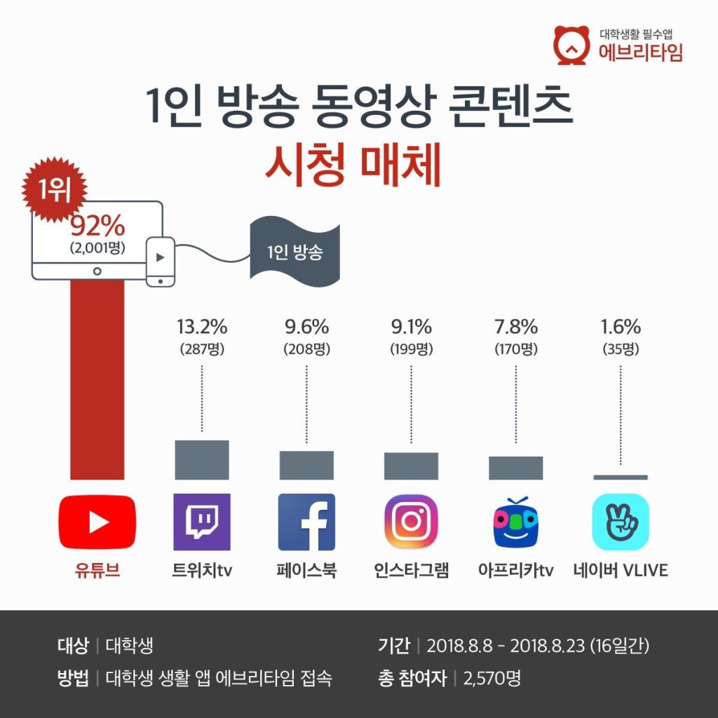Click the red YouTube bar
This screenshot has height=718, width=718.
point(97,379)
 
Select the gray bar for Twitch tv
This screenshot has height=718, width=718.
point(202,460)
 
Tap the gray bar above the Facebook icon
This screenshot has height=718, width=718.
point(306,466)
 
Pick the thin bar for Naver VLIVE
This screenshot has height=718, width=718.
point(621,477)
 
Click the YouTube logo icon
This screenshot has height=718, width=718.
point(97,522)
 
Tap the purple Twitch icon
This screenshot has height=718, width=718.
point(202,522)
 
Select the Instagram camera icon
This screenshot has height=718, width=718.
point(411,522)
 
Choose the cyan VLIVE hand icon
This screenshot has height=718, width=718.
point(621,522)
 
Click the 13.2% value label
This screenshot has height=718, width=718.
point(202,327)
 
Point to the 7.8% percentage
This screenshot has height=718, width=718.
point(515,327)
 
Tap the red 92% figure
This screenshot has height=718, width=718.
point(97,226)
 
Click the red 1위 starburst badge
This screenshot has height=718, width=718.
point(55,189)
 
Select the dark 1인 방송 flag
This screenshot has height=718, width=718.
point(295,252)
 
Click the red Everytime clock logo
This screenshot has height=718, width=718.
point(571,45)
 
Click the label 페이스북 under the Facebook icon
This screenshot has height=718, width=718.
point(306,571)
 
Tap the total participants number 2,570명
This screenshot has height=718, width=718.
point(492,678)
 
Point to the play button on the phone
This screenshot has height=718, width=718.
point(161,257)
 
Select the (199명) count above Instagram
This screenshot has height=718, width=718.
point(411,349)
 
